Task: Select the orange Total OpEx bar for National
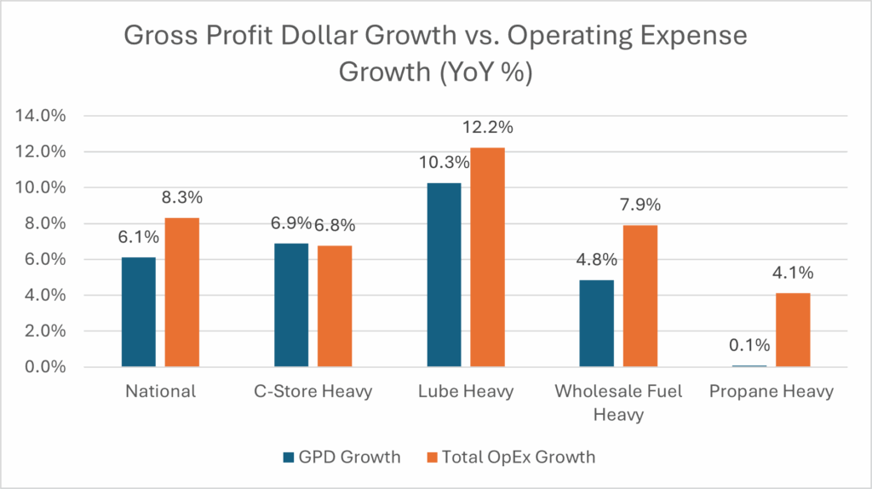coord(181,292)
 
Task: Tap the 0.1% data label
coord(749,345)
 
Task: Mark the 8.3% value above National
coord(181,198)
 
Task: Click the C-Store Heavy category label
coord(313,392)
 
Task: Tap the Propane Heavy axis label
coord(771,392)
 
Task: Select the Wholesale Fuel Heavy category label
coord(617,402)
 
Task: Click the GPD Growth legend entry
coord(342,457)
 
